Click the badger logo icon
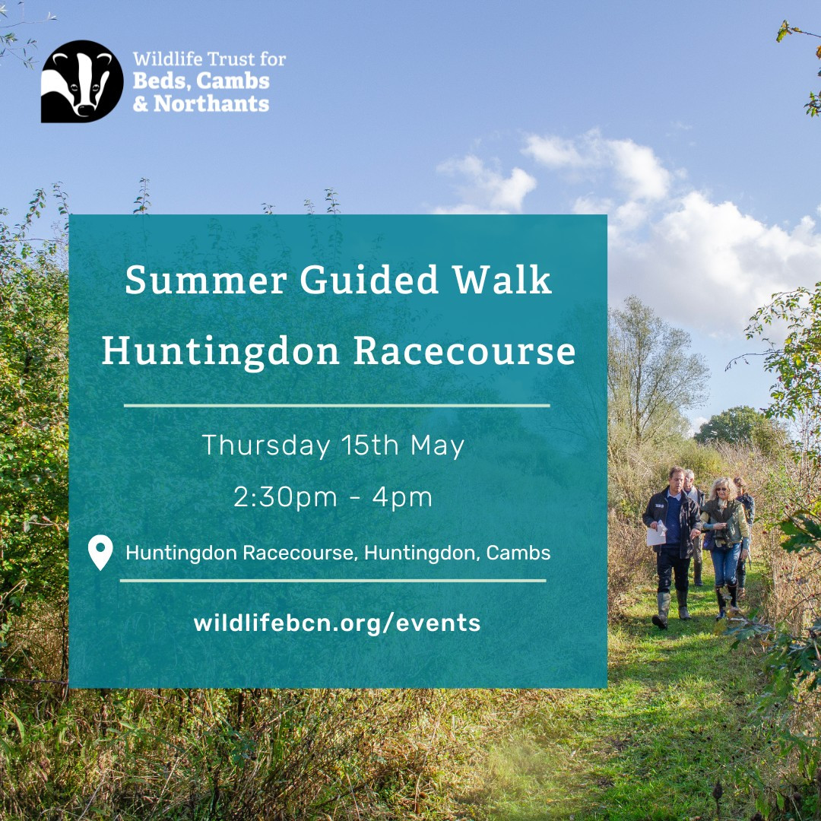point(82,81)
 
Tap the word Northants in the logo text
point(211,103)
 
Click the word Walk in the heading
point(502,279)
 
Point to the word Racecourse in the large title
point(464,350)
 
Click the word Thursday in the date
point(266,445)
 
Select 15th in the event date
point(370,445)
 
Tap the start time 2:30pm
point(285,497)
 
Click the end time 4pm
point(402,497)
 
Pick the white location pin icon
point(100,551)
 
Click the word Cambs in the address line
point(518,553)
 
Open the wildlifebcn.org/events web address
point(337,623)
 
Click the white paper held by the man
point(656,534)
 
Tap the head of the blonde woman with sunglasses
point(723,488)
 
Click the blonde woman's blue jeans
point(725,565)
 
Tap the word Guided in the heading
point(369,279)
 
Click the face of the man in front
point(677,478)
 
